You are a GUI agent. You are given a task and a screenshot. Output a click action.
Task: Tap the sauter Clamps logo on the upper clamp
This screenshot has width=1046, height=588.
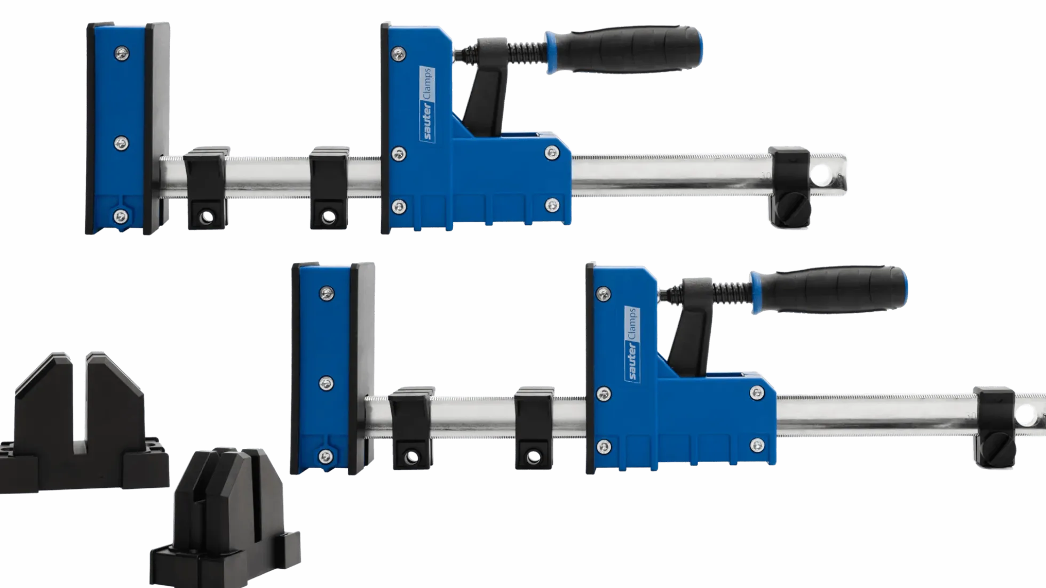pos(427,104)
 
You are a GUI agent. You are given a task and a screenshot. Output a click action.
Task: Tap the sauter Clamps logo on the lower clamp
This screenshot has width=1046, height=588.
pos(632,344)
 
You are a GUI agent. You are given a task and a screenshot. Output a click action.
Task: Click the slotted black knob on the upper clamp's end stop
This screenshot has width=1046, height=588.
pos(790,209)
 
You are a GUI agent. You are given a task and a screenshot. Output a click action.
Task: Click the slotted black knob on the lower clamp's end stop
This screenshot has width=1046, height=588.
pos(995,449)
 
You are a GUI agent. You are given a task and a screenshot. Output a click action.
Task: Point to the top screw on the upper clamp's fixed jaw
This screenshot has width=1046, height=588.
pos(122,53)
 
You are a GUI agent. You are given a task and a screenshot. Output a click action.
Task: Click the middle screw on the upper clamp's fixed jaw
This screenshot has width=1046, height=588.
pos(121,143)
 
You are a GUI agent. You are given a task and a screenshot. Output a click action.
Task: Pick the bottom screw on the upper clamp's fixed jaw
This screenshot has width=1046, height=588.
pos(121,216)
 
